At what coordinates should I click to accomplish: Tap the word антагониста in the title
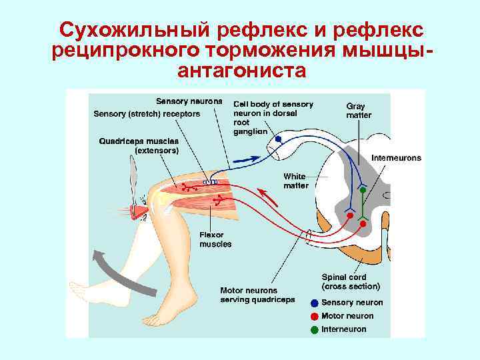pyautogui.click(x=239, y=71)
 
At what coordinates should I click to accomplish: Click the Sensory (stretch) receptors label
pyautogui.click(x=147, y=113)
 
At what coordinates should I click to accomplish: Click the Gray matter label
pyautogui.click(x=359, y=110)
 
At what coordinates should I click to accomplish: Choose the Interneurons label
pyautogui.click(x=396, y=158)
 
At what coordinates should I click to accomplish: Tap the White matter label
pyautogui.click(x=296, y=181)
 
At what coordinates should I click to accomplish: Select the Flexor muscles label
pyautogui.click(x=215, y=239)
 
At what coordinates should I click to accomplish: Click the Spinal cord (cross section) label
pyautogui.click(x=351, y=281)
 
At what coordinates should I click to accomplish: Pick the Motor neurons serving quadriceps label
pyautogui.click(x=257, y=295)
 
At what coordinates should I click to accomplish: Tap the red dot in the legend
pyautogui.click(x=315, y=316)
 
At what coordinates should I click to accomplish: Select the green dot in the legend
pyautogui.click(x=315, y=329)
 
